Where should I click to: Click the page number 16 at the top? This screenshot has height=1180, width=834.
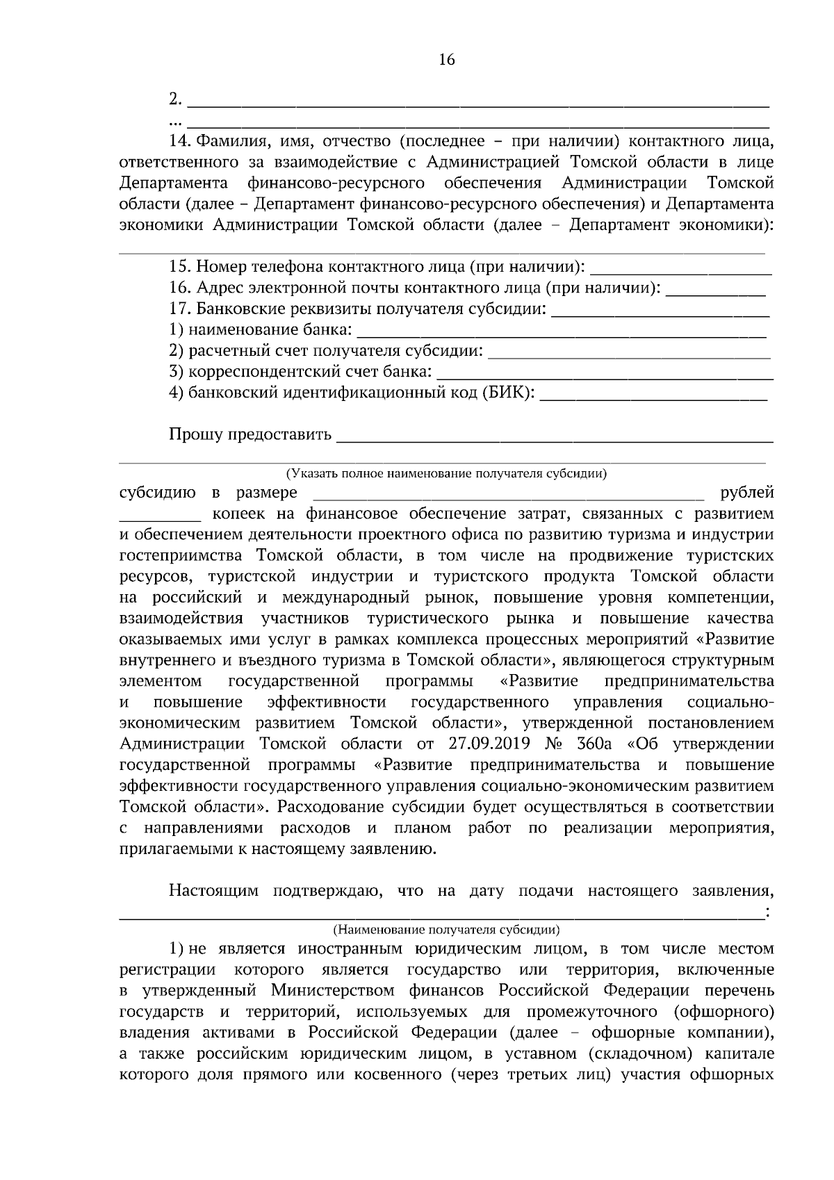pyautogui.click(x=447, y=60)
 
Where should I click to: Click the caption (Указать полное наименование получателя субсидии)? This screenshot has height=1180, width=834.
pyautogui.click(x=446, y=474)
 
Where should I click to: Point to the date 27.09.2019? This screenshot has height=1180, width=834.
pyautogui.click(x=484, y=744)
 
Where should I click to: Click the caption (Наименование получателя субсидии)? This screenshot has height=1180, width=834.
pyautogui.click(x=446, y=929)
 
